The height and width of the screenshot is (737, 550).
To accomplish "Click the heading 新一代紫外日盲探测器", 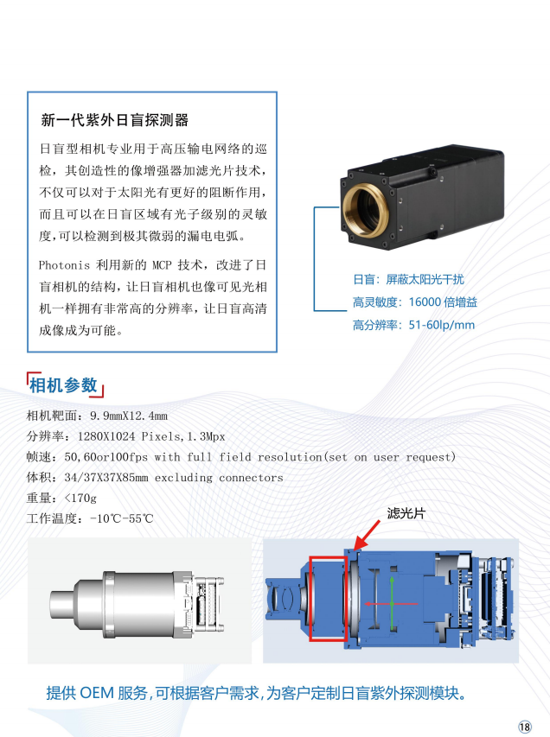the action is tap(115, 120).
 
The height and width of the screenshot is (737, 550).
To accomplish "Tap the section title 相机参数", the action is tap(63, 385).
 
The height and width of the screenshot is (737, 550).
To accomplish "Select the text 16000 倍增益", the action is tap(443, 302).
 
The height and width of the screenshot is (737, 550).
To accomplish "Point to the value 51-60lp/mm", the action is tap(441, 325).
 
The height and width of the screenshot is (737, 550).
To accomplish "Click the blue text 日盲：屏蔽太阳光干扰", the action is tap(408, 280).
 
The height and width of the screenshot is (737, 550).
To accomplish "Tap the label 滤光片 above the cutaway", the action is tap(406, 513).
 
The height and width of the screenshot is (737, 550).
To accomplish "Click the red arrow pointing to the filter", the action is tap(367, 535).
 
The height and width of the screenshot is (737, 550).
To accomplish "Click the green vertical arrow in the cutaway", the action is tap(392, 603).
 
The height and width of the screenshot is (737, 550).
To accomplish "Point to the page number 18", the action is tap(525, 727).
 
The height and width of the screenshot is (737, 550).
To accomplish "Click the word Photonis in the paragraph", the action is tap(64, 265).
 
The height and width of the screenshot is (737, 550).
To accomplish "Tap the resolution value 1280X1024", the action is tap(106, 436).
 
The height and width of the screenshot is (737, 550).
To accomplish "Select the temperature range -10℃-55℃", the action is tap(121, 519).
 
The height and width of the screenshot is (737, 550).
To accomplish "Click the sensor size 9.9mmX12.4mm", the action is tap(129, 416).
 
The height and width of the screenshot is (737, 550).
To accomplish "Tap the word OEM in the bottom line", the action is tap(97, 693).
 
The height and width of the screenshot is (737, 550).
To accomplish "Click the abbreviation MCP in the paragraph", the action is tap(162, 265).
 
